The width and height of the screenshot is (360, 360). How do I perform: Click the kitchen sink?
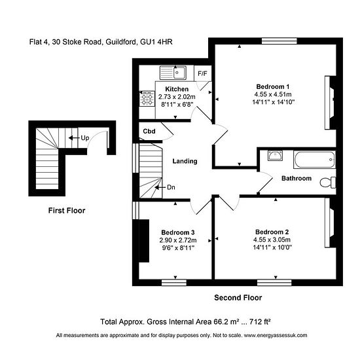point(173,73)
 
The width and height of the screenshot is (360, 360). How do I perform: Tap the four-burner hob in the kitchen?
point(147,98)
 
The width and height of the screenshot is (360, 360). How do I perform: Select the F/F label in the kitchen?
point(202,73)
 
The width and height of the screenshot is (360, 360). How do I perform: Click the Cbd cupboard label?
point(149,131)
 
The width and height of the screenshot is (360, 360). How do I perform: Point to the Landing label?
point(185,161)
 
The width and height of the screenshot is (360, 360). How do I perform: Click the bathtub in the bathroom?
point(315,160)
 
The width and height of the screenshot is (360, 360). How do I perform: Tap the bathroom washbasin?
point(275,155)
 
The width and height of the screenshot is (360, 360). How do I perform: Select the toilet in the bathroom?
point(328,183)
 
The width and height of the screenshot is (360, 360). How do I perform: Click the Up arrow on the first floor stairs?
point(74,137)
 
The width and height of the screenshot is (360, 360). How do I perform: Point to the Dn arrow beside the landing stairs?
point(160,187)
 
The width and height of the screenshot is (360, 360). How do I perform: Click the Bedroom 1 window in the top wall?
point(279,41)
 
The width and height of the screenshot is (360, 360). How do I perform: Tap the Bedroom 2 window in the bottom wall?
point(274,283)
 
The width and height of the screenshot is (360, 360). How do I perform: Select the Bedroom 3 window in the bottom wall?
point(174,283)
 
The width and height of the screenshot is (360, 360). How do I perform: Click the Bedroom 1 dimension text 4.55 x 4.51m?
point(273,94)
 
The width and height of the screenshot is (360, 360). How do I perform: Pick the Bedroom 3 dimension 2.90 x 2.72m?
point(178,240)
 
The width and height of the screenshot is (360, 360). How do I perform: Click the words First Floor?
point(67,211)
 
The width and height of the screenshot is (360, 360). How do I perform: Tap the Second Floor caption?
point(238,298)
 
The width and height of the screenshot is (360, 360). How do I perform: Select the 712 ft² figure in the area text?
point(260,321)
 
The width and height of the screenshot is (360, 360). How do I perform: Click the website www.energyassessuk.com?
point(276,335)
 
